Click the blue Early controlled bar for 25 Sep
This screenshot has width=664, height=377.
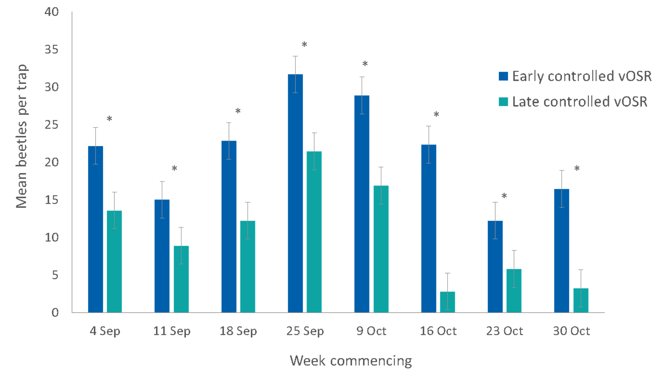click(x=295, y=193)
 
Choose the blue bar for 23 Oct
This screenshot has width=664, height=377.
click(x=495, y=266)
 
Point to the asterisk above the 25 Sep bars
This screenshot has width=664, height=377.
click(x=304, y=45)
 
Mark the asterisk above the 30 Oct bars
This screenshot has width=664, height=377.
click(x=577, y=169)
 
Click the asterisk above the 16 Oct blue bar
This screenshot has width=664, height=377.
click(x=436, y=115)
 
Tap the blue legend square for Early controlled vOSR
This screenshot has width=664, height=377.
click(x=503, y=76)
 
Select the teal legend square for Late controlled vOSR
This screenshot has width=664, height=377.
click(x=503, y=102)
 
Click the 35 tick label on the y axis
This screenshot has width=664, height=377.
click(x=51, y=50)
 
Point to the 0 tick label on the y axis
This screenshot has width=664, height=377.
click(x=55, y=313)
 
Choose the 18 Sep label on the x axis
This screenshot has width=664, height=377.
click(x=238, y=331)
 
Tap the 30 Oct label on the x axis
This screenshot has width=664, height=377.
click(x=571, y=331)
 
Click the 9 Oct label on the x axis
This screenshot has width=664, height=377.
click(x=372, y=331)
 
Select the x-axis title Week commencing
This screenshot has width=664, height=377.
click(x=351, y=361)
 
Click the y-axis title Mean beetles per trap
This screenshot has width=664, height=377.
click(x=22, y=136)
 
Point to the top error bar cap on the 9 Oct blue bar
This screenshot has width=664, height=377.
click(x=362, y=77)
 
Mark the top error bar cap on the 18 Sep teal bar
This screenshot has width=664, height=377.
click(x=248, y=202)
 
